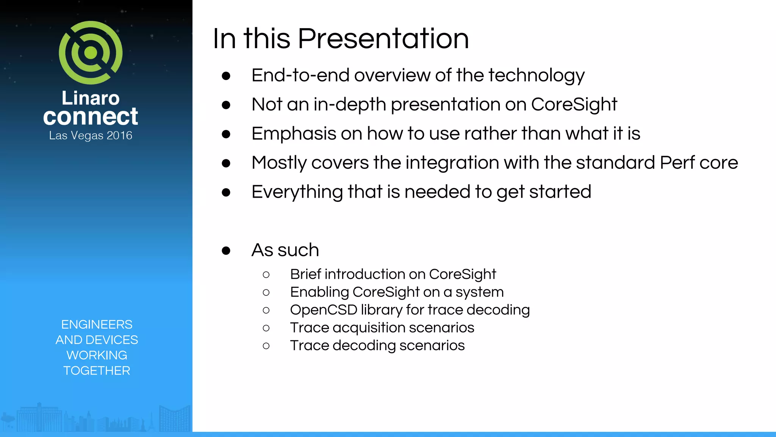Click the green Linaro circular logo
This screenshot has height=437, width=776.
[91, 53]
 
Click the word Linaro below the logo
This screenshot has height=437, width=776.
[91, 98]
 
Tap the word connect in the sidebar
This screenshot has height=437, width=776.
[91, 116]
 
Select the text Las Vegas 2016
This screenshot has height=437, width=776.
[91, 135]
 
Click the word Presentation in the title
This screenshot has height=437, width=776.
[383, 39]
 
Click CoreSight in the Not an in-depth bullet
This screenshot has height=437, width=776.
[574, 104]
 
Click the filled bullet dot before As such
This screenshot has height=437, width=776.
[226, 250]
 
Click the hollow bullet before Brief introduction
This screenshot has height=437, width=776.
[266, 275]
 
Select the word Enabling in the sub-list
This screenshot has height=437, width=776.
[319, 292]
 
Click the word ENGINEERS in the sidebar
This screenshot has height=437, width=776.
[97, 324]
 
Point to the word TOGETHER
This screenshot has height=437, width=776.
[97, 371]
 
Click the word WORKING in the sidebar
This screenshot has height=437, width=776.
[97, 355]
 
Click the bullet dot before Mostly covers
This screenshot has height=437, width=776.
[226, 163]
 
